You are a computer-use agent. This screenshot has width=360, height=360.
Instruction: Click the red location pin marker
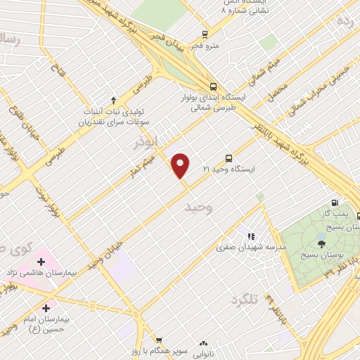click(x=181, y=166)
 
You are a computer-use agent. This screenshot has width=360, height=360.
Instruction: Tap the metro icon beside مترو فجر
click(x=204, y=34)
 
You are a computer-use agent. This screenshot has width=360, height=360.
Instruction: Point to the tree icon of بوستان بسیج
click(x=321, y=244)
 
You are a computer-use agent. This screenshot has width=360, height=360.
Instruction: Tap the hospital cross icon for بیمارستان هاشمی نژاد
click(x=42, y=261)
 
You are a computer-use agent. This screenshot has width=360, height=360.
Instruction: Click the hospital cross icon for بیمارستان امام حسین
click(x=46, y=307)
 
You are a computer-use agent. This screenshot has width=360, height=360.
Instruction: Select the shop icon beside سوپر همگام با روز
click(x=159, y=340)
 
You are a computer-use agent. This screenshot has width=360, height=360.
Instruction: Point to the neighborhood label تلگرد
click(x=245, y=301)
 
